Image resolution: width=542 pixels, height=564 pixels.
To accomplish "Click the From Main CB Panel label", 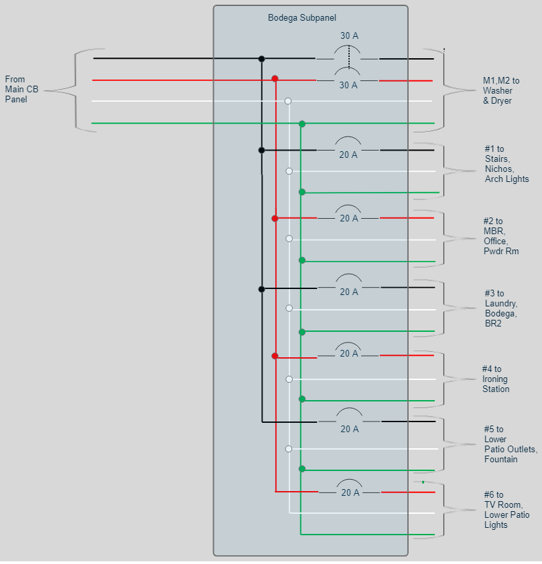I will point(21,90).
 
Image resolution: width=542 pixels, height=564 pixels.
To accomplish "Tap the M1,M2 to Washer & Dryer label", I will point(500,90).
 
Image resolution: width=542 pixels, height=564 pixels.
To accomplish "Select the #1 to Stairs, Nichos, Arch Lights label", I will point(506,164).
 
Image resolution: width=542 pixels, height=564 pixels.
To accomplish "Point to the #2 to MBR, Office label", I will point(501,236).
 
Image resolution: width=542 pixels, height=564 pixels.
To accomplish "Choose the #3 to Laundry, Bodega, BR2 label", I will point(500,308).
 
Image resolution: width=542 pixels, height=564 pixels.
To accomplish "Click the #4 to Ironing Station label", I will point(495,379).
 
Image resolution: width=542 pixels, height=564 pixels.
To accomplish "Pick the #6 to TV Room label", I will point(506,510).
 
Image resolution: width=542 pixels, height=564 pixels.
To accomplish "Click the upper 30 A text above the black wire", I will point(349,35).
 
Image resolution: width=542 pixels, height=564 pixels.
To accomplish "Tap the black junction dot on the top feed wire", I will point(261,59).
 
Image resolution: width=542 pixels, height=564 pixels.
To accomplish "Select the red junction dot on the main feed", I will point(275,79).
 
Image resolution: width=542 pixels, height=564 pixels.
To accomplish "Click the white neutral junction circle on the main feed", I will point(288,101).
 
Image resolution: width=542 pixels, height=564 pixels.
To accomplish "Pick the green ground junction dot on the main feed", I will point(302,124).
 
